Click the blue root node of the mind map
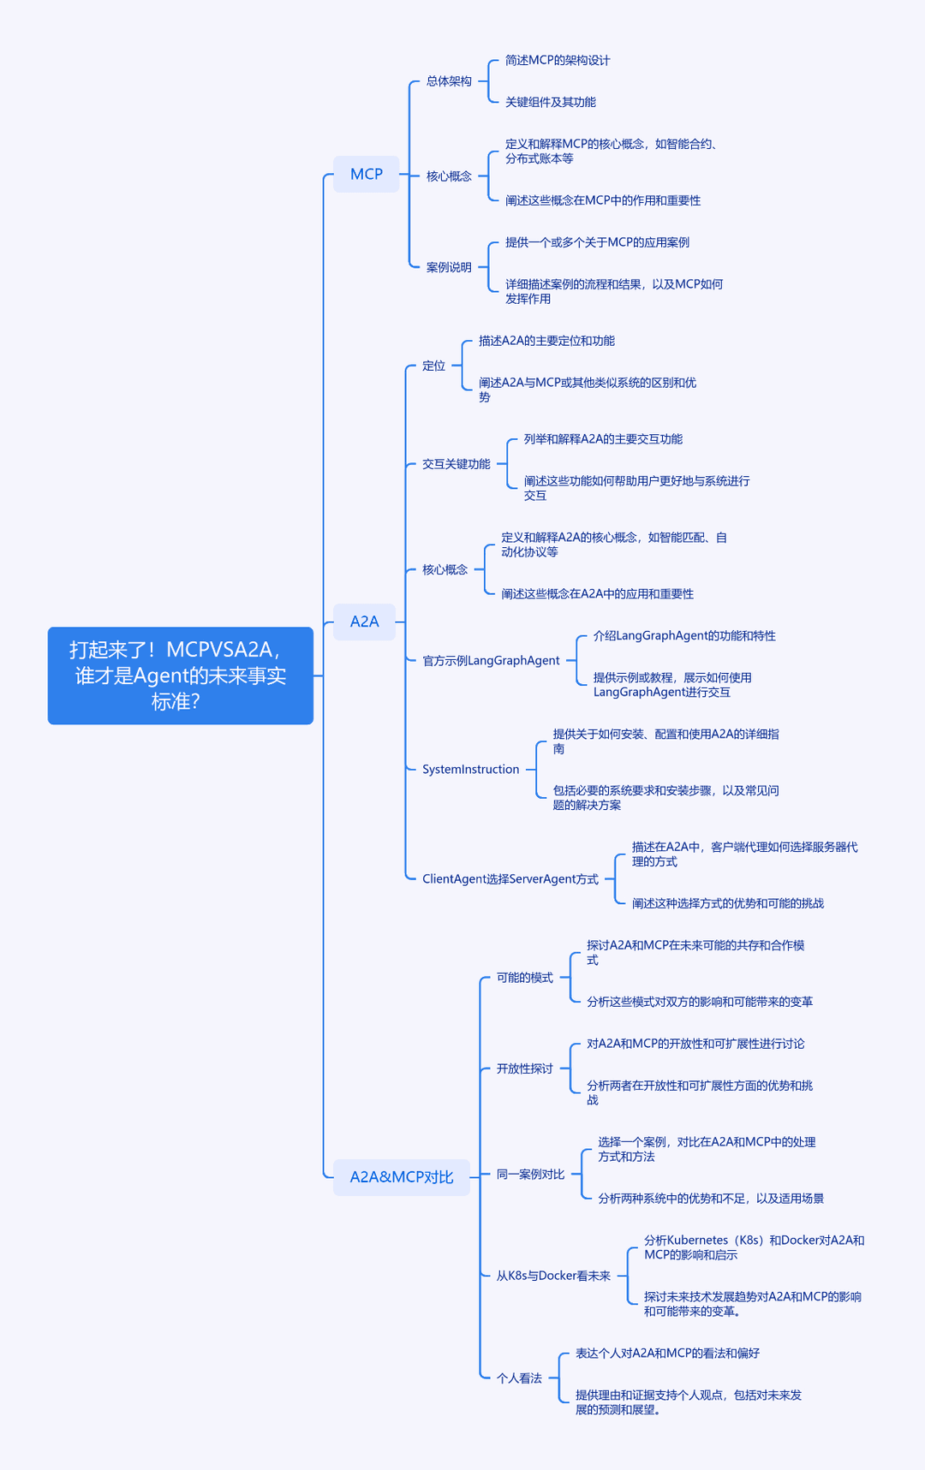click(181, 675)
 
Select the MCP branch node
click(367, 174)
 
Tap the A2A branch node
click(364, 622)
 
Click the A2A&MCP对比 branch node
click(402, 1177)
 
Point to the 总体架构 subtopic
click(449, 81)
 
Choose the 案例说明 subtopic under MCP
click(449, 267)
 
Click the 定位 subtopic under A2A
click(433, 366)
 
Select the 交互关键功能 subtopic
click(457, 464)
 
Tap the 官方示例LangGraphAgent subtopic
click(491, 661)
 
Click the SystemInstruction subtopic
click(471, 770)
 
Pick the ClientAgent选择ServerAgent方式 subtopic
click(510, 879)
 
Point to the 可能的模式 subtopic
click(525, 978)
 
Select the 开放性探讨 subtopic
click(525, 1068)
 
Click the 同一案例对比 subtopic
click(530, 1175)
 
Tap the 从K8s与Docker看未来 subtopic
click(553, 1276)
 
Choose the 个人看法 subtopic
click(519, 1378)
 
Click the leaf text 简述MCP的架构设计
click(558, 60)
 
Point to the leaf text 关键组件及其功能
click(551, 102)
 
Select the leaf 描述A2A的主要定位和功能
click(546, 341)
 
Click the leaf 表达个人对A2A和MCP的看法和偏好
click(667, 1354)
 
